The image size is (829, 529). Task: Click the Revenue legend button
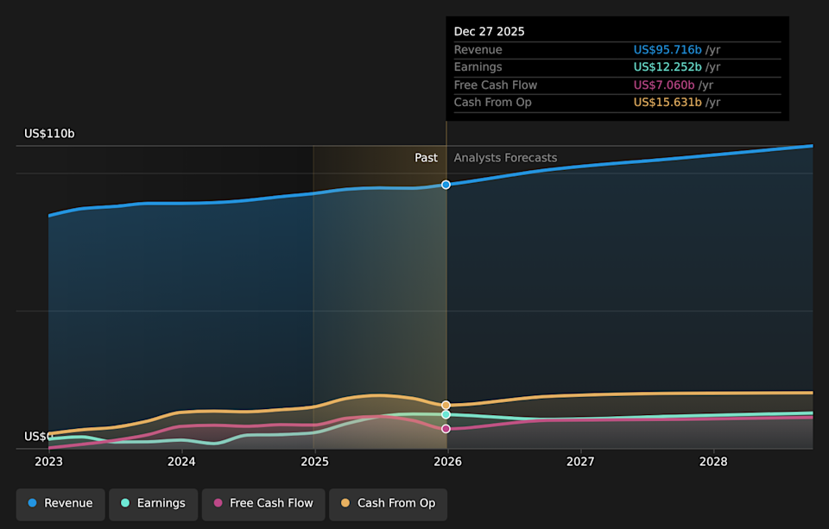click(x=60, y=503)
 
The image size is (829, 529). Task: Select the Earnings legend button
click(x=153, y=503)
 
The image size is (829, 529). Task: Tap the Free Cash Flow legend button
click(x=263, y=503)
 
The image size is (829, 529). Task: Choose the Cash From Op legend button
click(x=388, y=503)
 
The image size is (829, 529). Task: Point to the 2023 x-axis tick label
click(x=48, y=462)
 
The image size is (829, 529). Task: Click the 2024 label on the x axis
click(x=181, y=462)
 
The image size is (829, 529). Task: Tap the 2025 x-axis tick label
click(x=314, y=462)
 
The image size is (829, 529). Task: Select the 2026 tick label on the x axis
click(x=447, y=462)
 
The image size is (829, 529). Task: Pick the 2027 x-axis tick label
click(x=580, y=462)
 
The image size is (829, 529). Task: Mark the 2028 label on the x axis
click(x=713, y=462)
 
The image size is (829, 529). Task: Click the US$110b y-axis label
click(x=49, y=134)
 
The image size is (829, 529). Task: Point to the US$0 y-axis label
click(x=38, y=437)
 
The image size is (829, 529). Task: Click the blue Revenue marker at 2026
click(x=446, y=185)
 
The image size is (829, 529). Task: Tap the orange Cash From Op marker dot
click(x=446, y=405)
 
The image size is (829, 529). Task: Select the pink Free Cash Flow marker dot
click(x=446, y=428)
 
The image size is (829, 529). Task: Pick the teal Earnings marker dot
click(x=446, y=415)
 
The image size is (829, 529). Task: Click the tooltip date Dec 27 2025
click(x=490, y=32)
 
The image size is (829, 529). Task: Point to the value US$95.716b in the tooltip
click(x=668, y=50)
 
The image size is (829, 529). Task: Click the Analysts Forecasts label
click(x=505, y=158)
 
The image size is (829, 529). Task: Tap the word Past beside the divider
click(x=426, y=158)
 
